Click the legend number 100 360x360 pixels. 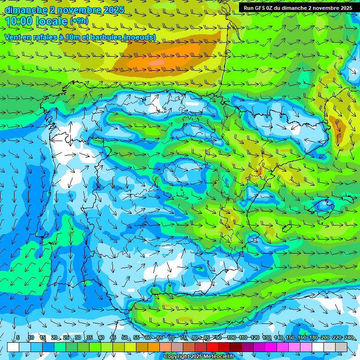(x=232, y=337)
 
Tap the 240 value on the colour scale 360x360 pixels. (x=349, y=337)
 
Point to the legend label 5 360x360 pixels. (x=18, y=337)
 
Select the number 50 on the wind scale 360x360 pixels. (x=125, y=337)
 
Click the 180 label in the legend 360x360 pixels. (x=314, y=337)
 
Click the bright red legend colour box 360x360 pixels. (x=212, y=347)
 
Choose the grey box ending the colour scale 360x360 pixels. (x=341, y=347)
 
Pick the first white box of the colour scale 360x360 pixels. (x=13, y=347)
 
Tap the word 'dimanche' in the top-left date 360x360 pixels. (x=26, y=10)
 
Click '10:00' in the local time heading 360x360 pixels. (x=22, y=21)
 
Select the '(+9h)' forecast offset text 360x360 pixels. (x=79, y=21)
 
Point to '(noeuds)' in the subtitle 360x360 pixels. (x=139, y=37)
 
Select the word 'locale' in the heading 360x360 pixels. (x=53, y=21)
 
